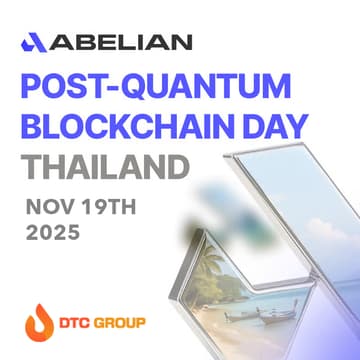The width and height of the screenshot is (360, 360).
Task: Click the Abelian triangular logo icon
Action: point(33,41)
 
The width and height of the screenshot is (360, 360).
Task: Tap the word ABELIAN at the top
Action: point(121,41)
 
